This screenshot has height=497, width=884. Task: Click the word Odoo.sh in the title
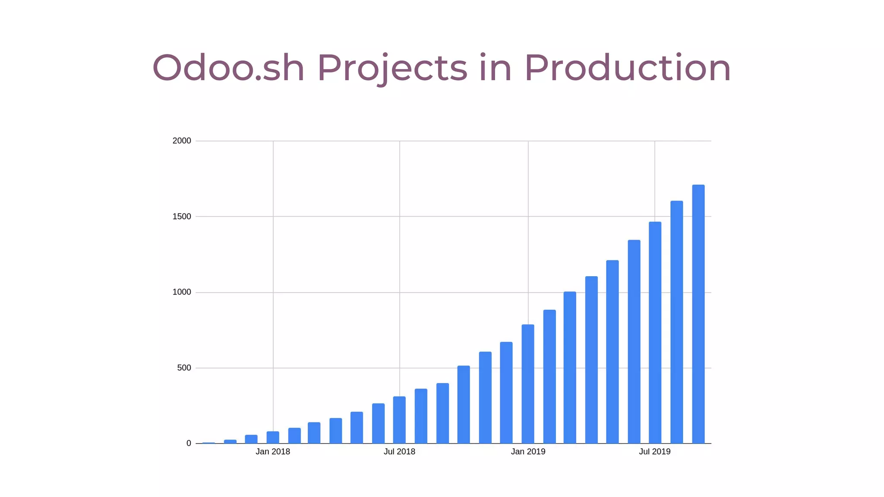[x=228, y=68]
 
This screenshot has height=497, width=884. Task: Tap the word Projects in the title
[x=392, y=68]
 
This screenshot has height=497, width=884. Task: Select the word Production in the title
[x=627, y=68]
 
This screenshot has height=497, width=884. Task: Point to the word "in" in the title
[x=495, y=68]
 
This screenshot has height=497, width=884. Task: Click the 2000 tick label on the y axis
[x=182, y=141]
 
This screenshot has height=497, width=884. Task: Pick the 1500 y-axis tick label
[x=182, y=217]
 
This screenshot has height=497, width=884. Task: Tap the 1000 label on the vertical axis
[x=182, y=292]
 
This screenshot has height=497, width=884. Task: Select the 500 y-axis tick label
[x=184, y=368]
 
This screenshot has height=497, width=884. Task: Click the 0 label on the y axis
[x=189, y=444]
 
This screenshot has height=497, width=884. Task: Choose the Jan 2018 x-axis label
[x=273, y=452]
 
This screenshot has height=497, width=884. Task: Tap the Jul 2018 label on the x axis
[x=399, y=452]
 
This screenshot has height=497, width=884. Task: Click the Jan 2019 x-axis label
[x=528, y=452]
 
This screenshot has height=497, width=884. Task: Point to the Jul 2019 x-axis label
[x=655, y=452]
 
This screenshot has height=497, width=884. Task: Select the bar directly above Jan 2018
[x=273, y=437]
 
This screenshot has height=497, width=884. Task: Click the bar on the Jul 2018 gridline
[x=399, y=420]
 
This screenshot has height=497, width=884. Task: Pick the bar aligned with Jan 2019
[x=528, y=384]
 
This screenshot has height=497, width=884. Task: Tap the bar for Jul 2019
[x=655, y=333]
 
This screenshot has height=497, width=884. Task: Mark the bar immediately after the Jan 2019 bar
[x=549, y=377]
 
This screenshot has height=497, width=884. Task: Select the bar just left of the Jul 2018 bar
[x=378, y=423]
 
